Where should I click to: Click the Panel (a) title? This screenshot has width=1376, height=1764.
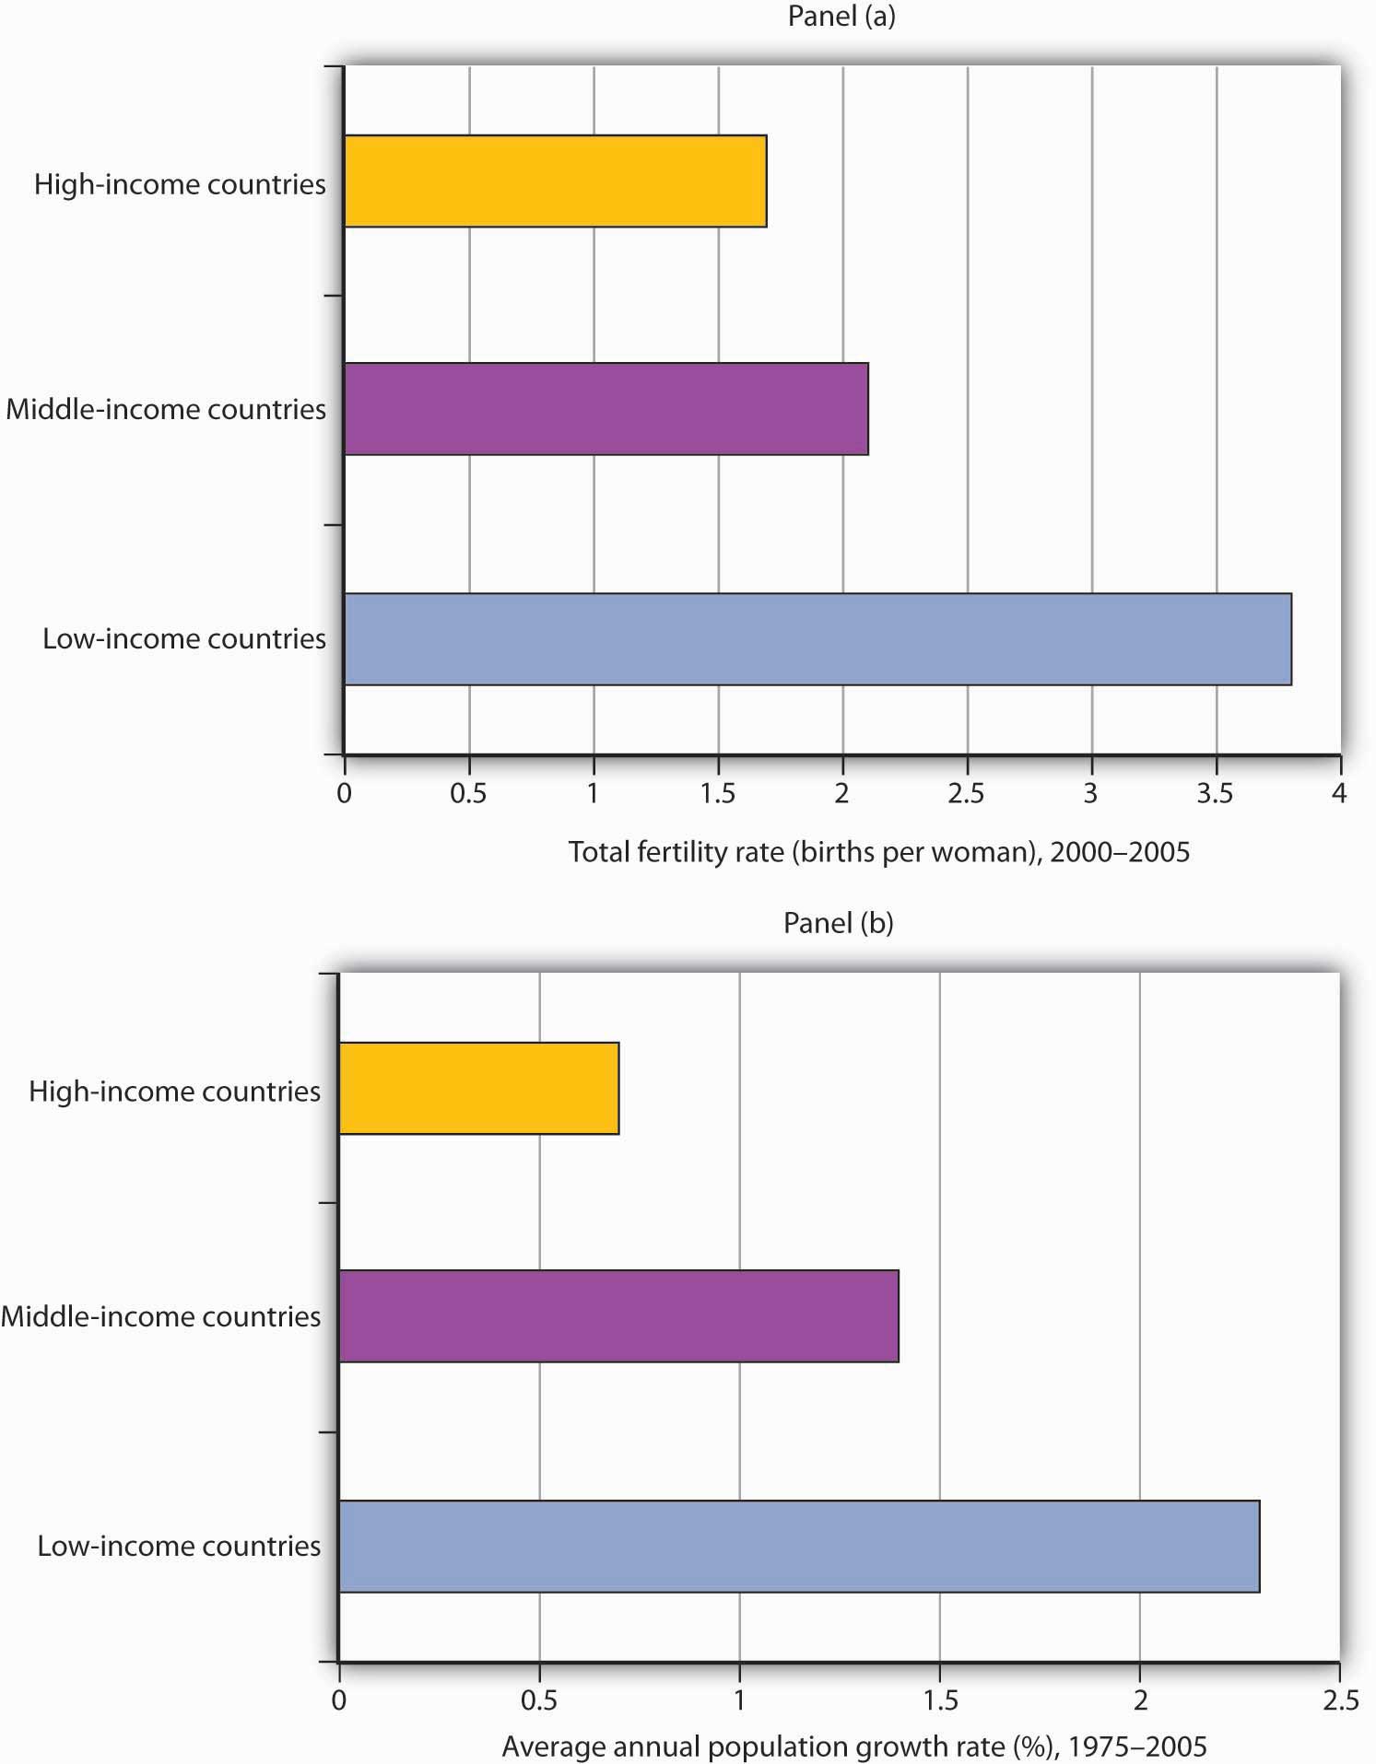pyautogui.click(x=841, y=16)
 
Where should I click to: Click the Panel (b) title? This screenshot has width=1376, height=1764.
pyautogui.click(x=838, y=923)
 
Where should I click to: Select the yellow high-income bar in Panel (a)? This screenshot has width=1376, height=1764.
pyautogui.click(x=555, y=181)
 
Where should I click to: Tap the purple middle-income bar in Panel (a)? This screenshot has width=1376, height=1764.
pyautogui.click(x=606, y=409)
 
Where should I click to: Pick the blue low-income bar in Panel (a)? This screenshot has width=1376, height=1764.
pyautogui.click(x=817, y=639)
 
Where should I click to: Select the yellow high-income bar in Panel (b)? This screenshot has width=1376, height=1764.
pyautogui.click(x=478, y=1088)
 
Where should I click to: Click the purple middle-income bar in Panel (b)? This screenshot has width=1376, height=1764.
pyautogui.click(x=618, y=1316)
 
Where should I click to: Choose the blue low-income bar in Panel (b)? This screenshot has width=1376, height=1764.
pyautogui.click(x=799, y=1547)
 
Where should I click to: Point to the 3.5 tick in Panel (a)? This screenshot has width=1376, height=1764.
pyautogui.click(x=1215, y=793)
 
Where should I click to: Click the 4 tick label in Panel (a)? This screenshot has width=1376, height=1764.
pyautogui.click(x=1339, y=793)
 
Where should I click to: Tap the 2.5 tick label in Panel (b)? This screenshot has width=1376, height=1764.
pyautogui.click(x=1340, y=1700)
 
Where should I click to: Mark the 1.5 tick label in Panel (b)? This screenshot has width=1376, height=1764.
pyautogui.click(x=939, y=1700)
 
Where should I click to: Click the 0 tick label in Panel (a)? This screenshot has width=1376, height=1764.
pyautogui.click(x=344, y=793)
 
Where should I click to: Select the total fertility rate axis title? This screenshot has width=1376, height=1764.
pyautogui.click(x=878, y=852)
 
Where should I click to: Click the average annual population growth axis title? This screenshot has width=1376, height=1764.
pyautogui.click(x=853, y=1746)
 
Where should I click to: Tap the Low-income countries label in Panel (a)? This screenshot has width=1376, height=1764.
pyautogui.click(x=184, y=638)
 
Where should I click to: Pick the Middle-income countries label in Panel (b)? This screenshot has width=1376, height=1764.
pyautogui.click(x=161, y=1316)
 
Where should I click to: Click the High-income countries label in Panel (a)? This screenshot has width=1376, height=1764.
pyautogui.click(x=180, y=184)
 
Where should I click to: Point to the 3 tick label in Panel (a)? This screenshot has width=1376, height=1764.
pyautogui.click(x=1090, y=793)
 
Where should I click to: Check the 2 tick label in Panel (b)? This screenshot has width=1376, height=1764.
pyautogui.click(x=1140, y=1700)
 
